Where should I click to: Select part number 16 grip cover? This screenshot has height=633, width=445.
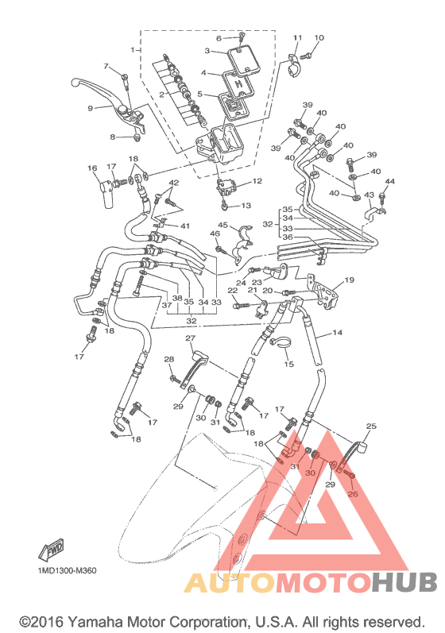pos(106,194)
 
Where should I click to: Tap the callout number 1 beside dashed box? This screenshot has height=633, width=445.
pos(132,50)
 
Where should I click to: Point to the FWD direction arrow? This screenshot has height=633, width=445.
pos(52,550)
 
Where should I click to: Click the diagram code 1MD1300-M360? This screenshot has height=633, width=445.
pos(67,570)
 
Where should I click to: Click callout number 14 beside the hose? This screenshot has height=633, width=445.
pos(337,332)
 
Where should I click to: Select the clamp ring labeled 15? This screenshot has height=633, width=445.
pos(279,343)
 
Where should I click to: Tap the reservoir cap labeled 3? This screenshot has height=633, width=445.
pos(243,62)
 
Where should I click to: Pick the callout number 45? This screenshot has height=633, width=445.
pos(223,225)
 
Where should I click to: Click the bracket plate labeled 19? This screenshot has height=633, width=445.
pos(323,291)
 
